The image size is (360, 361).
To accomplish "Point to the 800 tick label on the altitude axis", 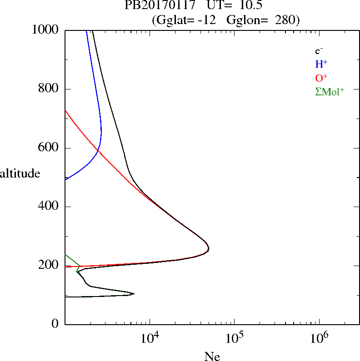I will point(49,89).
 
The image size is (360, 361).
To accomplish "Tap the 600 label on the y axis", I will point(49,148).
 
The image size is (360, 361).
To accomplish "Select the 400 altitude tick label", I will point(49,207).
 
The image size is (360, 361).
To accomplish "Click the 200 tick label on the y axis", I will point(49,266).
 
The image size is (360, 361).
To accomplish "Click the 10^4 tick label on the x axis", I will point(150,339).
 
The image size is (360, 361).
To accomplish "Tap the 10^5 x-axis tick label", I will point(234,339).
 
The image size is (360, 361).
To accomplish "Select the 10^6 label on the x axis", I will point(319,339).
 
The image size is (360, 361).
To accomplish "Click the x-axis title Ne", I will point(212,356).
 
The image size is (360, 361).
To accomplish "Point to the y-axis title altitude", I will point(20,173).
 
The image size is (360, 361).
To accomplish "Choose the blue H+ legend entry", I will point(321,64).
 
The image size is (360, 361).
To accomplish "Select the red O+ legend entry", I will point(321,78).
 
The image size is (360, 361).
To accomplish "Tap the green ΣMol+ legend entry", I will point(330,91).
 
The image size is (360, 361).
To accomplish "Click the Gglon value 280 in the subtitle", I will point(285,20).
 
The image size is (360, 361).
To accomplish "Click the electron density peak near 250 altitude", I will point(208,249).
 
